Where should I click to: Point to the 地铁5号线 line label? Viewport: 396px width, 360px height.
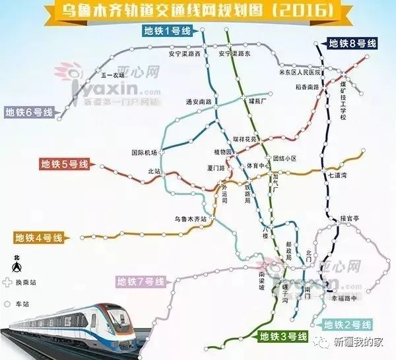tap(63, 164)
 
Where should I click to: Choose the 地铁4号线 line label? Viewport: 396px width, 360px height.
tap(38, 237)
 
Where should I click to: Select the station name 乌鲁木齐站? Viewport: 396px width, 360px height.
tap(190, 218)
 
